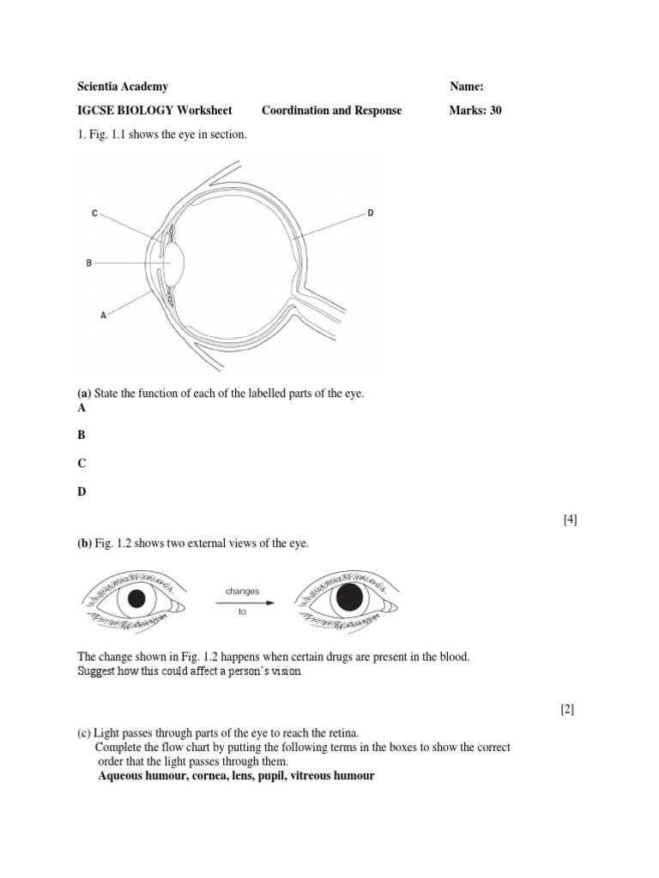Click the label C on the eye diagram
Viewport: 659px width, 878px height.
click(94, 213)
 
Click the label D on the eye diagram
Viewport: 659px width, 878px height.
click(371, 213)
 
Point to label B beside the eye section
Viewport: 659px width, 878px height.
click(88, 263)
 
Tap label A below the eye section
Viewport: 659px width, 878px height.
click(104, 315)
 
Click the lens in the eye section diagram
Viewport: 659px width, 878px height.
click(176, 262)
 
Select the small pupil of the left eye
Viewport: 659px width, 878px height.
click(136, 599)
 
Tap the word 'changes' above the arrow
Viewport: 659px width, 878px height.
click(242, 592)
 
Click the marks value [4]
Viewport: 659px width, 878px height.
click(570, 520)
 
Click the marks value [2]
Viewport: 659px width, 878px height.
click(567, 709)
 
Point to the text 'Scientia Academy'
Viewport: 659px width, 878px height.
click(123, 87)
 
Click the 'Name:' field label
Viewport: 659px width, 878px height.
click(467, 87)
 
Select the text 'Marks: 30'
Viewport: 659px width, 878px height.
click(475, 111)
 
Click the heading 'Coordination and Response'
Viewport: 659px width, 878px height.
click(331, 111)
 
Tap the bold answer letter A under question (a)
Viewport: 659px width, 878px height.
click(82, 408)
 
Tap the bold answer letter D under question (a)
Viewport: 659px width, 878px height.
click(82, 491)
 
